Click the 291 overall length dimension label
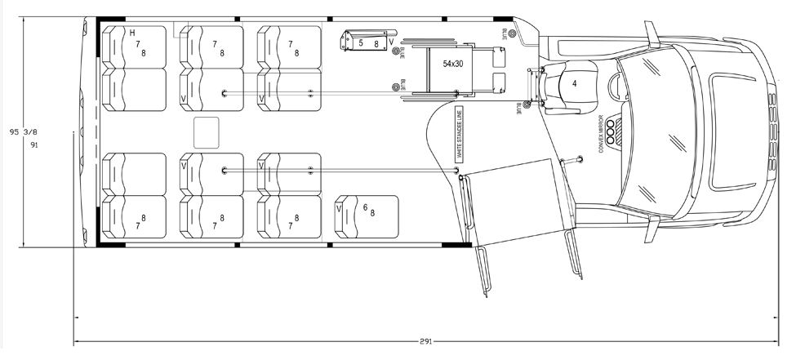coord(425,342)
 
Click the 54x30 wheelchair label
coord(454,63)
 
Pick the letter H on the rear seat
coord(132,33)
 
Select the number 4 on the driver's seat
coord(575,83)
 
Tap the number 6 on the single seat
coord(365,207)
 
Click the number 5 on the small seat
coord(360,42)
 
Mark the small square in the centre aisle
coord(207,131)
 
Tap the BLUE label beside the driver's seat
coord(519,107)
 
